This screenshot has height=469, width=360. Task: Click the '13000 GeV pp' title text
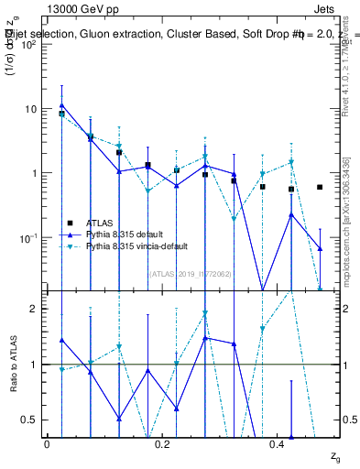(83, 13)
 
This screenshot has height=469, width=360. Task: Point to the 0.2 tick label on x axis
(162, 443)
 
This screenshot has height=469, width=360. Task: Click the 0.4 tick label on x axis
(278, 443)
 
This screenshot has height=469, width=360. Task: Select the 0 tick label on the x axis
(47, 443)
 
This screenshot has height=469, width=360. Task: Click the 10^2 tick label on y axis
(29, 45)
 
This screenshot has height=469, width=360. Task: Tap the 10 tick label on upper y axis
(32, 109)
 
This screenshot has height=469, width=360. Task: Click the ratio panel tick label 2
(36, 309)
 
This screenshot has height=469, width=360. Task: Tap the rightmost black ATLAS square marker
(320, 187)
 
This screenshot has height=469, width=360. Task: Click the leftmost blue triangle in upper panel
(61, 105)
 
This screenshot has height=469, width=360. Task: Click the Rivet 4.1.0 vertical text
(352, 82)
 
